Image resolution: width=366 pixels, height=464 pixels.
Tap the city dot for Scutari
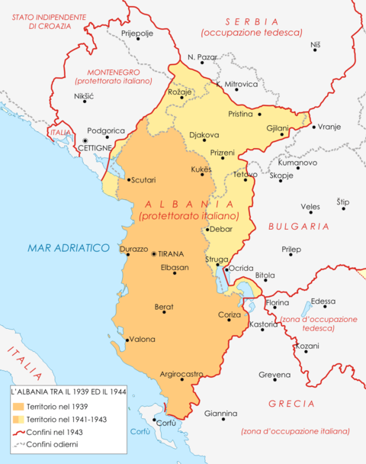pyautogui.click(x=127, y=180)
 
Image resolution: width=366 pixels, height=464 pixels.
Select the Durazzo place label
pyautogui.click(x=133, y=249)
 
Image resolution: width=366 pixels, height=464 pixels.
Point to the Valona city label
pyautogui.click(x=143, y=340)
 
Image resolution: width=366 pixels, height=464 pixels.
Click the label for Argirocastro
pyautogui.click(x=181, y=374)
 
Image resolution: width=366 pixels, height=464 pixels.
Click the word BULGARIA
pyautogui.click(x=298, y=227)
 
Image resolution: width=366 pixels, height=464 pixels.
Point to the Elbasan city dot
pyautogui.click(x=175, y=273)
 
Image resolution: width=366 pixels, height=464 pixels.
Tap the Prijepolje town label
pyautogui.click(x=138, y=34)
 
